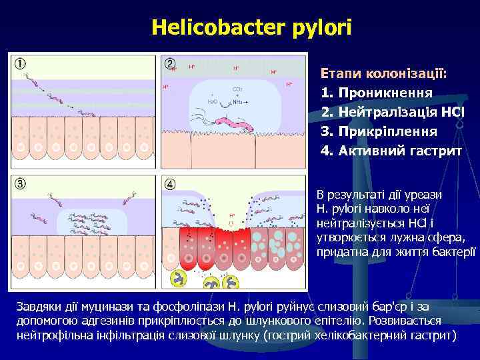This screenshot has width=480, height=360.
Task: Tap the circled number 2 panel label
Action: (x=170, y=64)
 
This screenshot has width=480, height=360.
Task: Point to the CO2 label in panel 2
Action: (x=237, y=89)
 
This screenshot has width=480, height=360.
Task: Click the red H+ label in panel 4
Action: (x=232, y=216)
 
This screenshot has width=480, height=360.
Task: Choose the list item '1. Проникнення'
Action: (x=377, y=91)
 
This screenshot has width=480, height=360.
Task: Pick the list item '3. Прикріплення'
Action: (x=379, y=131)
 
